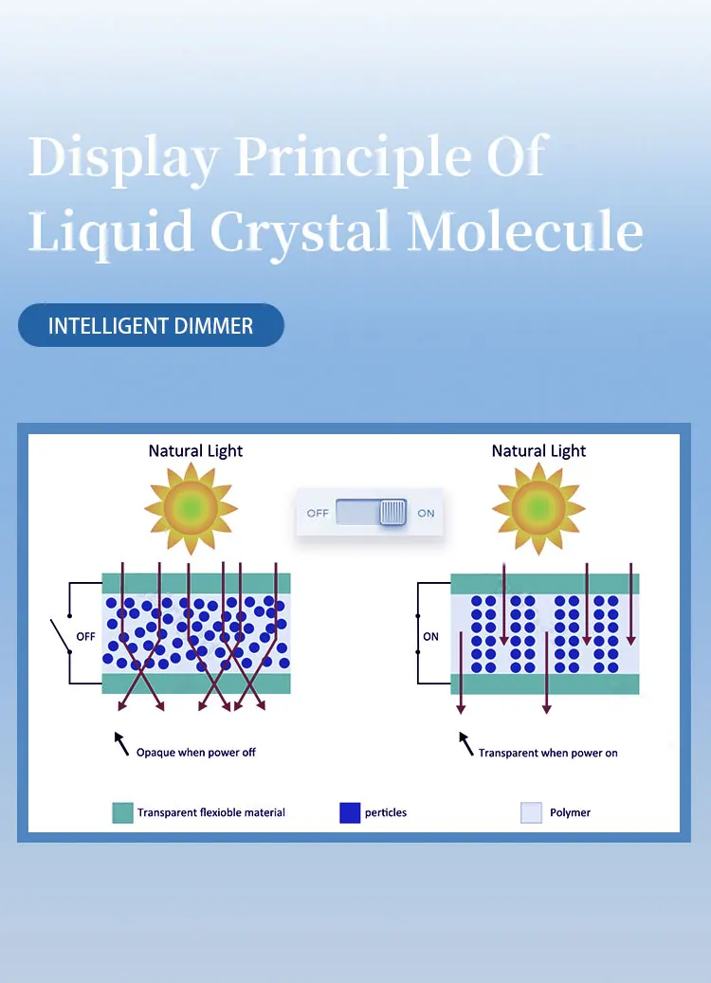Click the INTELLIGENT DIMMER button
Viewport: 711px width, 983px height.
[x=151, y=326]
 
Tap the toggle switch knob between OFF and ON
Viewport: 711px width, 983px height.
[x=392, y=513]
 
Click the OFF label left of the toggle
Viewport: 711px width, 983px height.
[x=317, y=513]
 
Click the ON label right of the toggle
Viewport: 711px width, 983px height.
[x=427, y=513]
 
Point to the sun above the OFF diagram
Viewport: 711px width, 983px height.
[x=191, y=508]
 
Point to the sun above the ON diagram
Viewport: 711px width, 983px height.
[x=538, y=508]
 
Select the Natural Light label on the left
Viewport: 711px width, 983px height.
[x=195, y=451]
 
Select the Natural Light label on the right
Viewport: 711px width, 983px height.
[x=538, y=451]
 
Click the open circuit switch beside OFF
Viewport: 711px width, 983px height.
[x=62, y=636]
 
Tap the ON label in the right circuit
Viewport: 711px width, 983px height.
[x=430, y=637]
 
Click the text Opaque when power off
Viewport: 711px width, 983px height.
[x=195, y=753]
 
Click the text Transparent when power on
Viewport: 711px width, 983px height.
[x=547, y=754]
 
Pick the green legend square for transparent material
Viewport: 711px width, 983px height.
[x=122, y=812]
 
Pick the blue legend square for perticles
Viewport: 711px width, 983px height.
[x=350, y=812]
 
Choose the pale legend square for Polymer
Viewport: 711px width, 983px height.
[x=531, y=812]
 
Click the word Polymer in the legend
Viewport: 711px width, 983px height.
[x=570, y=812]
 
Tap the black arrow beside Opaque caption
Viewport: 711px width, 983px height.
[x=120, y=741]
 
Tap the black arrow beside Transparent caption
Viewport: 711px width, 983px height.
[x=465, y=742]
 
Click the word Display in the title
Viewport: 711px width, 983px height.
[x=123, y=156]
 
